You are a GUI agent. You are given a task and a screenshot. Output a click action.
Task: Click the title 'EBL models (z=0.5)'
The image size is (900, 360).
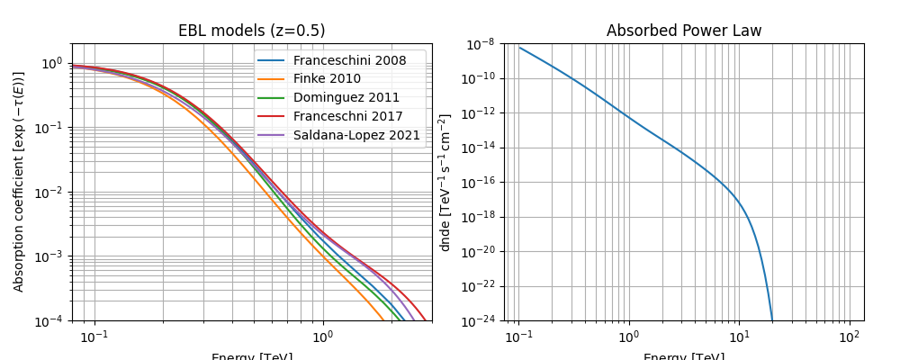coord(251,31)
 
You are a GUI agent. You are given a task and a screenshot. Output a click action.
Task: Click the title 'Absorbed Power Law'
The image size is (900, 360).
coord(684,31)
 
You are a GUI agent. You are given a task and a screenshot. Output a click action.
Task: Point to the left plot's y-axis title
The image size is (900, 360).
coord(19,182)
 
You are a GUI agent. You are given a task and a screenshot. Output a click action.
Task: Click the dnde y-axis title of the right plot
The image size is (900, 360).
coord(445,182)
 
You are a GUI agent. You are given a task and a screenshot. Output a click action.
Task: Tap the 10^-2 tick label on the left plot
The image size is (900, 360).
coord(50,192)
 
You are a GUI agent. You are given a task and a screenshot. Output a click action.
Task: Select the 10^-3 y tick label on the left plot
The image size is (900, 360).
coord(50,256)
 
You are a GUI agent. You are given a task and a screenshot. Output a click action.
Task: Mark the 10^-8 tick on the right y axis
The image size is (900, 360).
coord(479,44)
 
